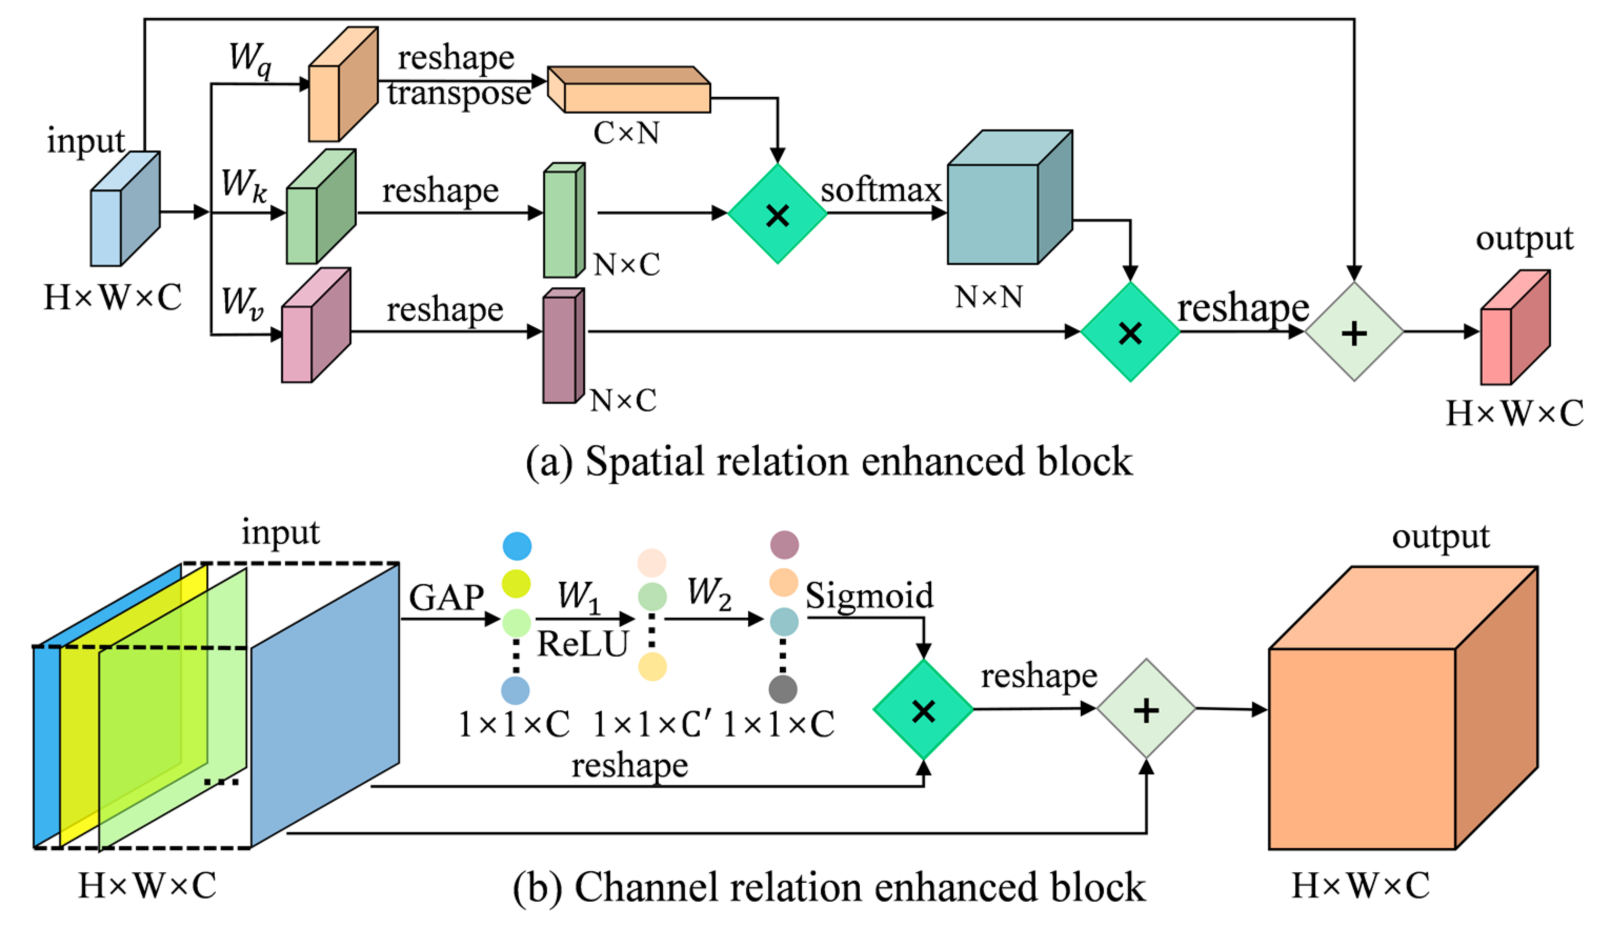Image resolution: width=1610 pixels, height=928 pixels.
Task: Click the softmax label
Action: click(x=880, y=190)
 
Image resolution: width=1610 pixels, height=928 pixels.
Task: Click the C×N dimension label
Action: click(x=626, y=133)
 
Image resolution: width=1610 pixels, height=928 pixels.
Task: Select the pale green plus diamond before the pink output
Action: click(x=1354, y=332)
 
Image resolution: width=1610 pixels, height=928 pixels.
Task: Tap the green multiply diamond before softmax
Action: click(x=777, y=214)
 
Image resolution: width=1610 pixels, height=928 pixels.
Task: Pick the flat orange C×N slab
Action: click(x=630, y=90)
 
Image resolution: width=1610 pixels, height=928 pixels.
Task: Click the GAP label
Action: click(x=446, y=597)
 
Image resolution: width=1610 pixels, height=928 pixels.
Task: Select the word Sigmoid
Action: click(x=869, y=596)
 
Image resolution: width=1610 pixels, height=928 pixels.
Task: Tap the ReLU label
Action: click(x=582, y=644)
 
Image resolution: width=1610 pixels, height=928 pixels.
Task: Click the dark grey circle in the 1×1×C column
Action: click(x=783, y=689)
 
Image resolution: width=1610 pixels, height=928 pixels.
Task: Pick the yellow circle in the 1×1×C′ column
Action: click(x=652, y=667)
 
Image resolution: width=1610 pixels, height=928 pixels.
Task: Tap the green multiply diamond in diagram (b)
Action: click(x=922, y=709)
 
